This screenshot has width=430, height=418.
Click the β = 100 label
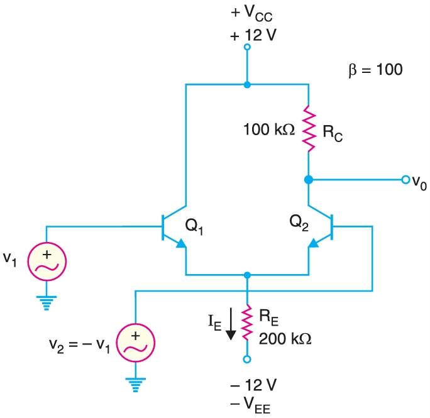click(375, 69)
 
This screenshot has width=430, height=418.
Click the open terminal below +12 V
click(247, 47)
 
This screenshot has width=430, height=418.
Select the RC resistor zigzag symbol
click(309, 129)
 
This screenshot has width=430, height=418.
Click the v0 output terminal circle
click(405, 180)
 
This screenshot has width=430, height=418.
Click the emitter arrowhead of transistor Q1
click(180, 245)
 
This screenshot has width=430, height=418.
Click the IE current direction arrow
click(230, 324)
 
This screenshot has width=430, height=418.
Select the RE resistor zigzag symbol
click(247, 321)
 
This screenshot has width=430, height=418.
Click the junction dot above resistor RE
click(247, 275)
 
